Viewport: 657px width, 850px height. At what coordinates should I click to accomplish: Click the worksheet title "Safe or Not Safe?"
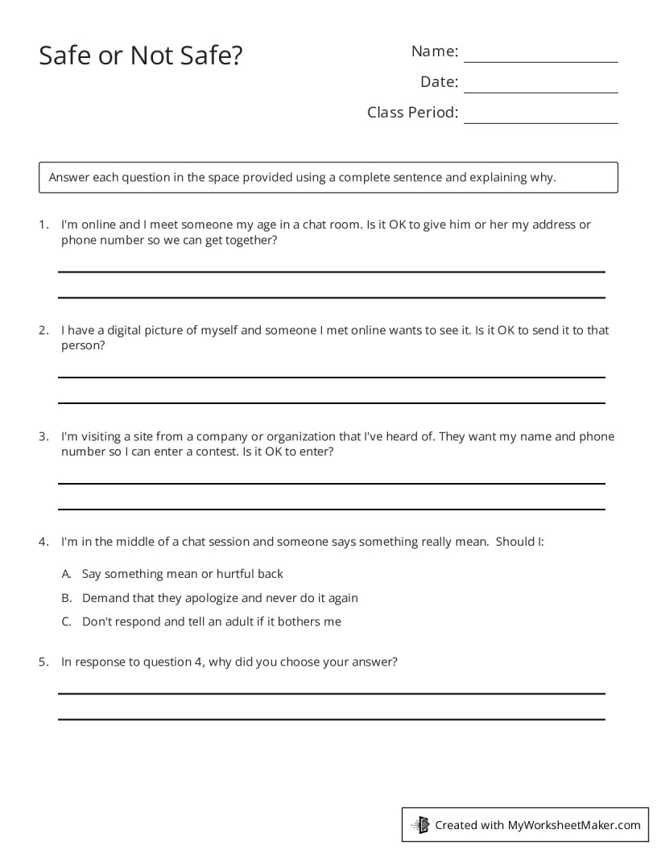[x=141, y=56]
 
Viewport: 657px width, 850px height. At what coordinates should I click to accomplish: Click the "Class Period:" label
[x=412, y=112]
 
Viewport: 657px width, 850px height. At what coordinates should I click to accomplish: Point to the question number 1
[x=43, y=225]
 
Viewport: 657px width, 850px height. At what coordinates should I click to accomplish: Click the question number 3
[x=43, y=436]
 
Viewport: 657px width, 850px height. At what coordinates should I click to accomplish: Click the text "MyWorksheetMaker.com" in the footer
[x=573, y=824]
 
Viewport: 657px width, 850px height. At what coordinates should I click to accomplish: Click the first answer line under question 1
[x=331, y=271]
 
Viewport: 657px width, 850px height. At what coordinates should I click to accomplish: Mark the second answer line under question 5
[x=331, y=719]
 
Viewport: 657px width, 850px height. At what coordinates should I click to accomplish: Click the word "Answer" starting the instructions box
[x=69, y=177]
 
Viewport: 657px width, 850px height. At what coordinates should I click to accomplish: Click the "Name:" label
[x=435, y=52]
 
